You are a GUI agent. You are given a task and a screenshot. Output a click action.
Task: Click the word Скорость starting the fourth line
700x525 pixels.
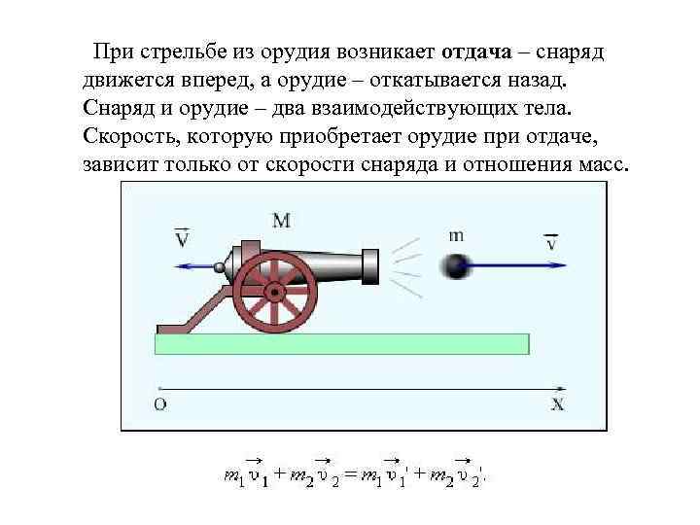[x=127, y=134]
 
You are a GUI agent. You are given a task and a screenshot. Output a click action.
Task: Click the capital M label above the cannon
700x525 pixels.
[x=281, y=221]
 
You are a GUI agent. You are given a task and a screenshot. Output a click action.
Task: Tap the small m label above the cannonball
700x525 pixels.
[x=457, y=234]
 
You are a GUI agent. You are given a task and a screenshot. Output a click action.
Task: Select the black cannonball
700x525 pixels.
[x=455, y=265]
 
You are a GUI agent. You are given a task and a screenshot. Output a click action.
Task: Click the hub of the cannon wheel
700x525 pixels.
[x=275, y=290]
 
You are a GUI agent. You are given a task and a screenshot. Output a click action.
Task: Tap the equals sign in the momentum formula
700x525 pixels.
[x=349, y=475]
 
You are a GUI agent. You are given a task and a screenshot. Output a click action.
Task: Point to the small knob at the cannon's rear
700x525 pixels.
[x=221, y=267]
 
